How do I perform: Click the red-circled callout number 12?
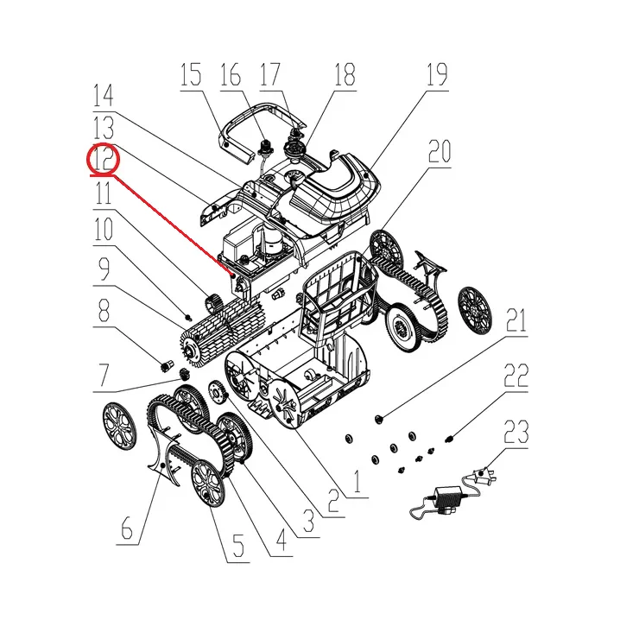click(x=104, y=158)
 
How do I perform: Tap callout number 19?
click(x=437, y=75)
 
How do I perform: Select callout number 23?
click(x=516, y=432)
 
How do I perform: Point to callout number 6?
click(x=127, y=528)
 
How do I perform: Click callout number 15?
click(x=191, y=75)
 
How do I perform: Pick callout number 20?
click(x=439, y=152)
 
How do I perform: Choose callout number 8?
click(x=104, y=311)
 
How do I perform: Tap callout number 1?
click(x=357, y=481)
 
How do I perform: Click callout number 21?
click(x=516, y=320)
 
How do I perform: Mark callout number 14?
click(x=104, y=95)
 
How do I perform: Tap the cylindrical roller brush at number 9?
click(x=221, y=328)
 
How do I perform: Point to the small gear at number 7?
click(x=183, y=373)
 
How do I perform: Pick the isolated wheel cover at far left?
click(x=119, y=427)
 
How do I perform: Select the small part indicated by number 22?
click(x=449, y=439)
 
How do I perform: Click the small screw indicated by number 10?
click(x=188, y=317)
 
